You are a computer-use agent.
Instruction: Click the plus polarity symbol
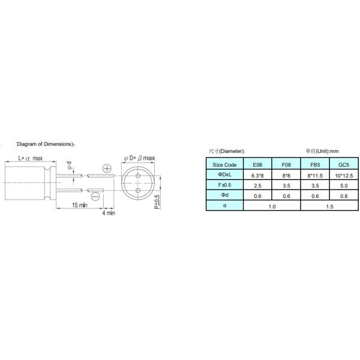click(x=107, y=168)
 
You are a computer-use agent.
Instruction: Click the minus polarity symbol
click(x=95, y=197)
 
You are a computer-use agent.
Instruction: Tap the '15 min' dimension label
click(x=80, y=205)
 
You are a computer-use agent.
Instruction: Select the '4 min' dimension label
click(x=109, y=213)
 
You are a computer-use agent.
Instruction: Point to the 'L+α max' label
click(x=31, y=158)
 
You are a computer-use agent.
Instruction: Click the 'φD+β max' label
click(x=139, y=158)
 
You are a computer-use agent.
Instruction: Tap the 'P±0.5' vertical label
click(x=157, y=202)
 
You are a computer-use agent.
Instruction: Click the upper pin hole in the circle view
click(x=138, y=176)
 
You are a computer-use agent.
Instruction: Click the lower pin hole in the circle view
click(x=138, y=190)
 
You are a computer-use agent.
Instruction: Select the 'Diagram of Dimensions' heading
click(x=46, y=144)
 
